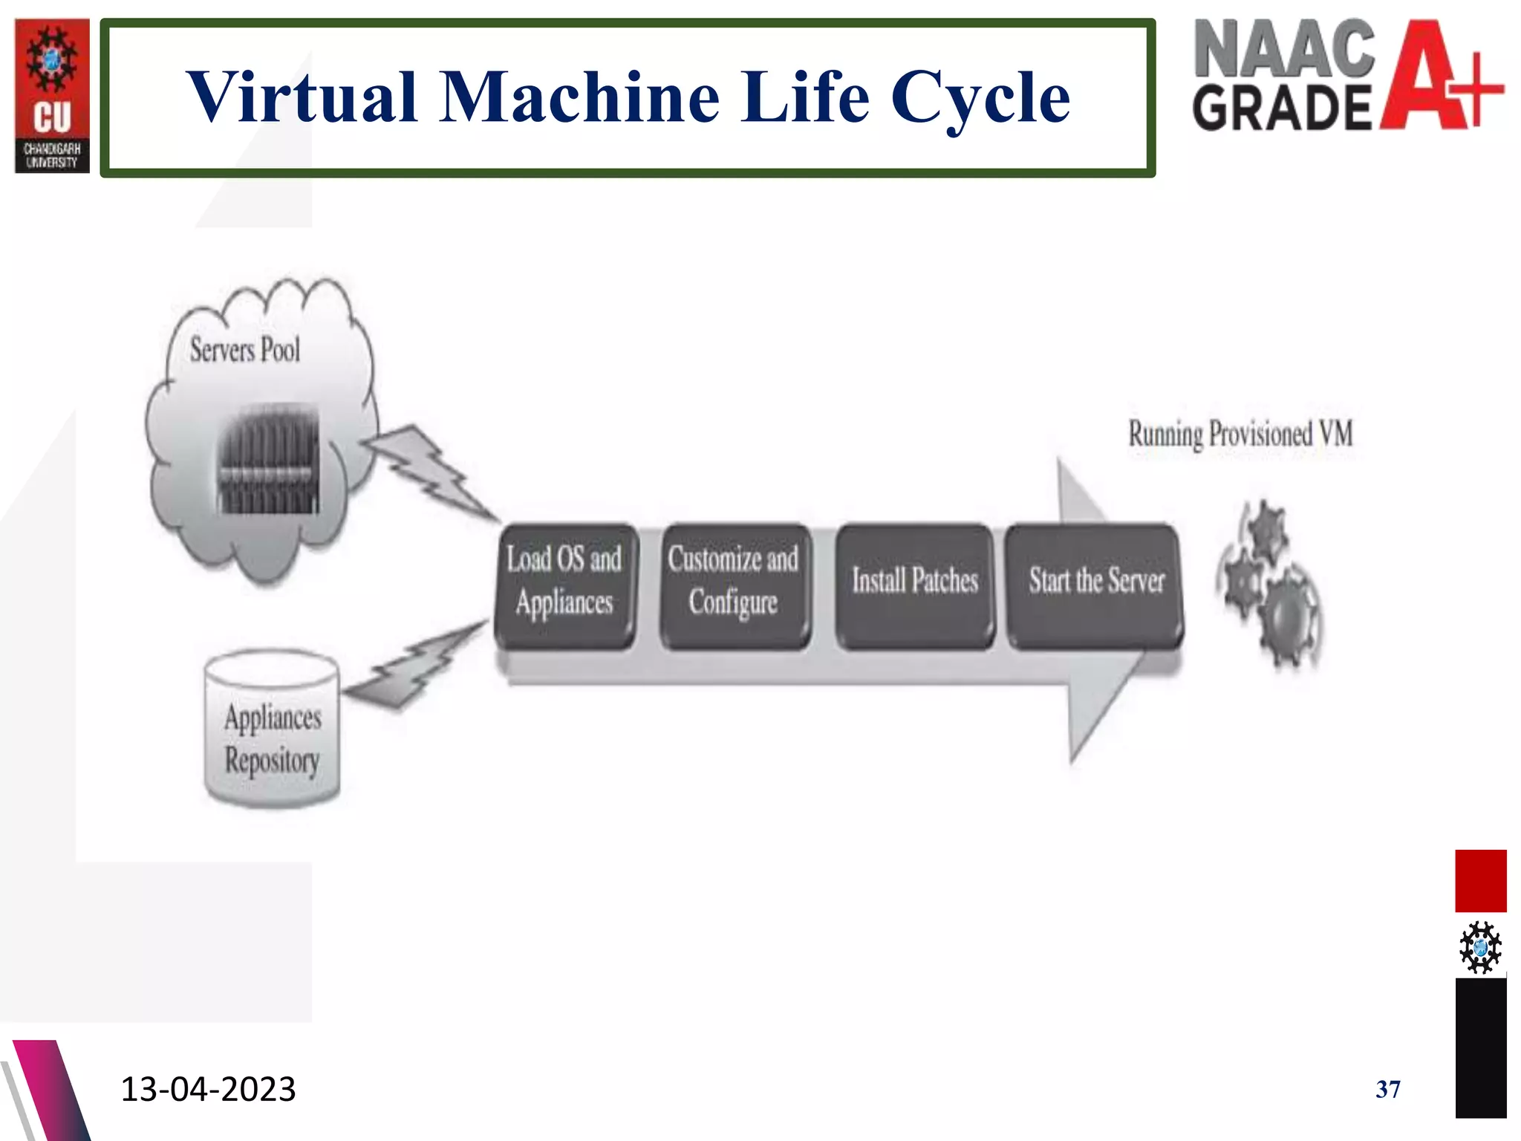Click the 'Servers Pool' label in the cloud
click(x=245, y=350)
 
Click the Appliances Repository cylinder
click(x=273, y=732)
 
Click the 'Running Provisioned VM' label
click(x=1240, y=435)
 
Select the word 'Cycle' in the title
click(x=980, y=98)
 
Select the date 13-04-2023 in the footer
click(x=208, y=1089)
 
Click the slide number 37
click(x=1387, y=1090)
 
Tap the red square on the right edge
click(x=1480, y=881)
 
